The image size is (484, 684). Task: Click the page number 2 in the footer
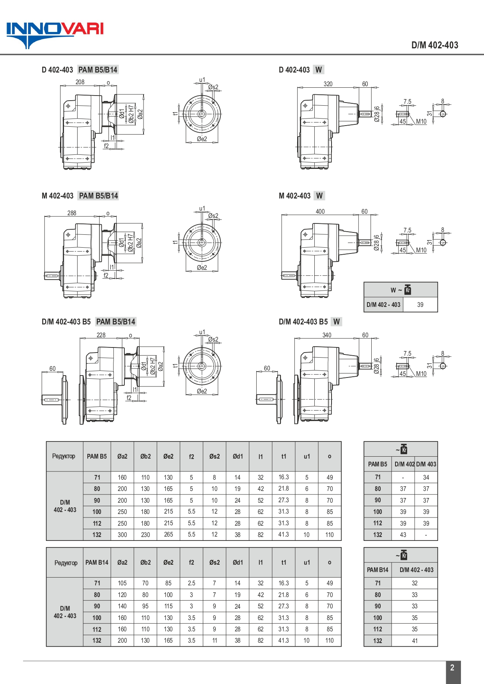pyautogui.click(x=452, y=668)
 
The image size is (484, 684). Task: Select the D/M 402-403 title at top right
pyautogui.click(x=435, y=45)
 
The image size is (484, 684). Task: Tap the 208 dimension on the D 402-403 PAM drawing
pyautogui.click(x=80, y=82)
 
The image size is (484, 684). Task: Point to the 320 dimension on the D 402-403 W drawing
pyautogui.click(x=328, y=84)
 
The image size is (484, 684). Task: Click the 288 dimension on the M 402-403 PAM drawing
pyautogui.click(x=72, y=213)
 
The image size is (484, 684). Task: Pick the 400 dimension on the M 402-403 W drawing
pyautogui.click(x=320, y=211)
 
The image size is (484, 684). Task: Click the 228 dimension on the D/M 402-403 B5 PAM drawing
pyautogui.click(x=101, y=335)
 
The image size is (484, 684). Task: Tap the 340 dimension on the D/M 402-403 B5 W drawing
pyautogui.click(x=327, y=335)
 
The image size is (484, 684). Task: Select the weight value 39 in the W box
pyautogui.click(x=420, y=305)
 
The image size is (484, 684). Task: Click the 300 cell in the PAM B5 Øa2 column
pyautogui.click(x=122, y=535)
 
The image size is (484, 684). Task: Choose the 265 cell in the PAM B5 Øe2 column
pyautogui.click(x=168, y=535)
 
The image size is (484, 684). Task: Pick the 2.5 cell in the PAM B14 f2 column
pyautogui.click(x=191, y=583)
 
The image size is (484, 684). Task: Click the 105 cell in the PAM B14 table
pyautogui.click(x=122, y=583)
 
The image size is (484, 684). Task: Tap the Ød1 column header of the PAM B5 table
pyautogui.click(x=238, y=456)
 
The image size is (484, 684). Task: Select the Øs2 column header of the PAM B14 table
pyautogui.click(x=215, y=562)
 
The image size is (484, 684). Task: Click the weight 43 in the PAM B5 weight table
pyautogui.click(x=403, y=535)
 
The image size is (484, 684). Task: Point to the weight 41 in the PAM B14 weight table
pyautogui.click(x=415, y=641)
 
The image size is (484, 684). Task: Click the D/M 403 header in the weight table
pyautogui.click(x=426, y=464)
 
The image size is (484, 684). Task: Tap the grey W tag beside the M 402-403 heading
pyautogui.click(x=319, y=196)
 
